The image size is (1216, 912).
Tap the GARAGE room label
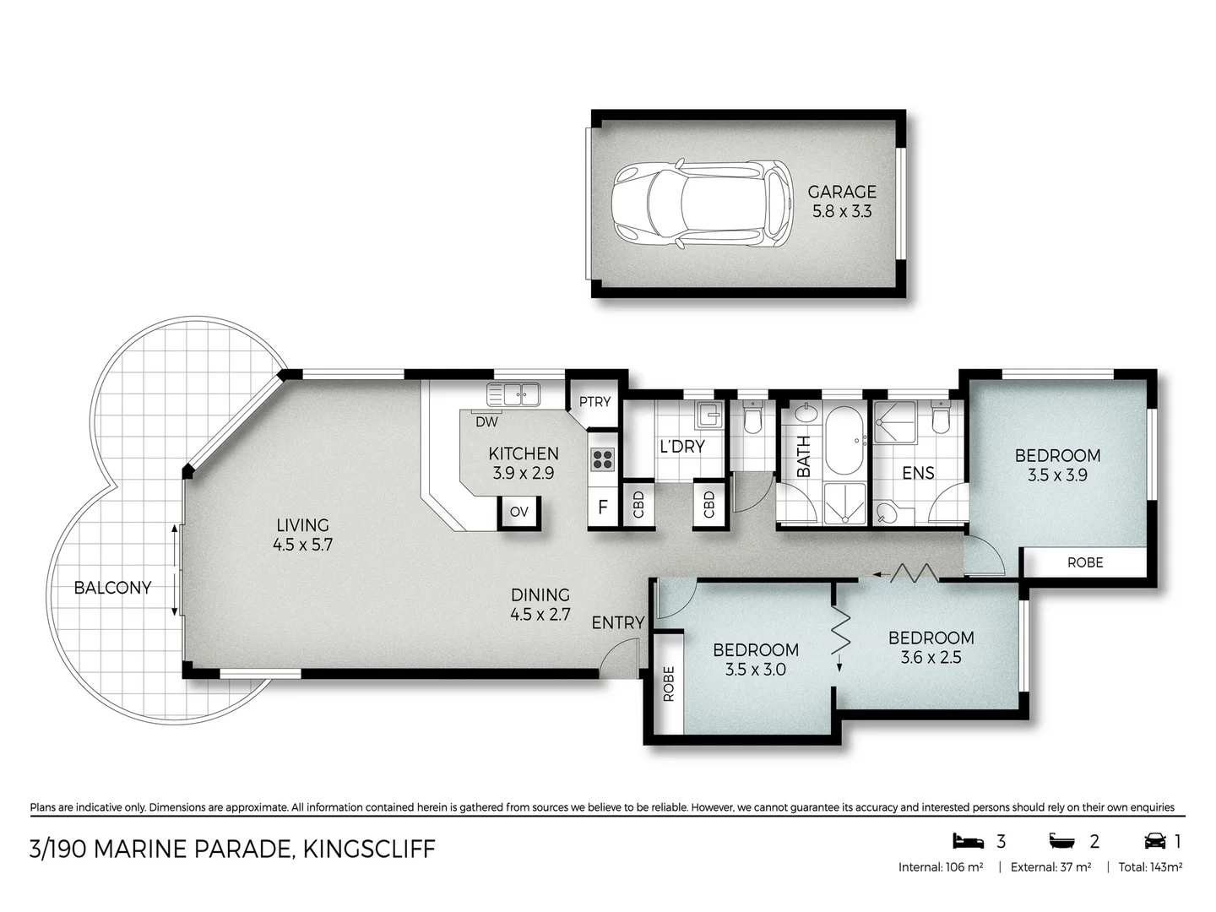[x=842, y=192]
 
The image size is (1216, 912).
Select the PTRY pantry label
[x=594, y=402]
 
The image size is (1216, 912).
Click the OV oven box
[x=519, y=512]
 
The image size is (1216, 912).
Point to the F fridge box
[x=603, y=508]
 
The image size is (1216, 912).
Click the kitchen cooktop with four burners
[x=603, y=459]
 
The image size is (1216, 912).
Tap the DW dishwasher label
[x=486, y=421]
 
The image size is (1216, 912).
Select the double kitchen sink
[x=513, y=394]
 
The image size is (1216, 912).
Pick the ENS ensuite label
[x=918, y=473]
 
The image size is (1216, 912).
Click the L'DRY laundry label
[x=681, y=446]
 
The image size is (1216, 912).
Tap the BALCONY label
[x=112, y=588]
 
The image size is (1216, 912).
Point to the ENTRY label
[x=617, y=622]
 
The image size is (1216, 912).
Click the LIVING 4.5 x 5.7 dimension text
[x=302, y=545]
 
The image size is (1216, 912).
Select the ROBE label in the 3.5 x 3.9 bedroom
[x=1085, y=562]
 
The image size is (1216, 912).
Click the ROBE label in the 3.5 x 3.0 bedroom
[x=669, y=684]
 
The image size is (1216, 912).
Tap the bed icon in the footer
[x=969, y=841]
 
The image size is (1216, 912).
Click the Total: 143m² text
[x=1150, y=866]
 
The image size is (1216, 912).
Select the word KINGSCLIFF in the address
[x=369, y=849]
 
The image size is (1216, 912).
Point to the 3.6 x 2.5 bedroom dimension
[x=931, y=657]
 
